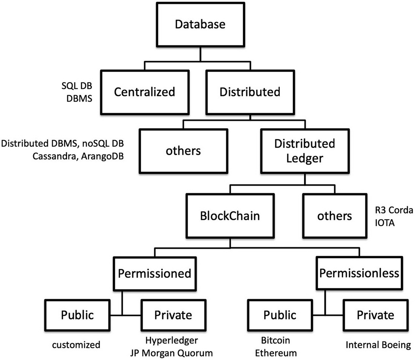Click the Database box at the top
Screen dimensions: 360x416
pyautogui.click(x=200, y=24)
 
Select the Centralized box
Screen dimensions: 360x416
pyautogui.click(x=144, y=92)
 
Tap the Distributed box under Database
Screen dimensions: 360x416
pyautogui.click(x=250, y=92)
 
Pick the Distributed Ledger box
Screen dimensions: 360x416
pyautogui.click(x=304, y=151)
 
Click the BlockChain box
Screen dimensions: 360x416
pyautogui.click(x=230, y=215)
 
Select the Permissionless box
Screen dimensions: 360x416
pyautogui.click(x=359, y=273)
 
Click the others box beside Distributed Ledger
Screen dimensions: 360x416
pyautogui.click(x=183, y=151)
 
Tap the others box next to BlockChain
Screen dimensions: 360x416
pyautogui.click(x=334, y=215)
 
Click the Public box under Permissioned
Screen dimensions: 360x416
pyautogui.click(x=77, y=315)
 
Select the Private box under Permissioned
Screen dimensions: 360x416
pyautogui.click(x=173, y=315)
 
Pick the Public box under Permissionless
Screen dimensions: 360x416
pyautogui.click(x=280, y=315)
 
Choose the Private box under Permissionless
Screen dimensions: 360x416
pyautogui.click(x=375, y=315)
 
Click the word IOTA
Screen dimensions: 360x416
pyautogui.click(x=385, y=223)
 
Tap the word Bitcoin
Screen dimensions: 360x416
pyautogui.click(x=275, y=340)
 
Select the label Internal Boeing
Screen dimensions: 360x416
pyautogui.click(x=378, y=345)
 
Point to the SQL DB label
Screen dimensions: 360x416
pyautogui.click(x=77, y=86)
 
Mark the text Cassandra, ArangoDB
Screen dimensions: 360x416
pyautogui.click(x=78, y=156)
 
